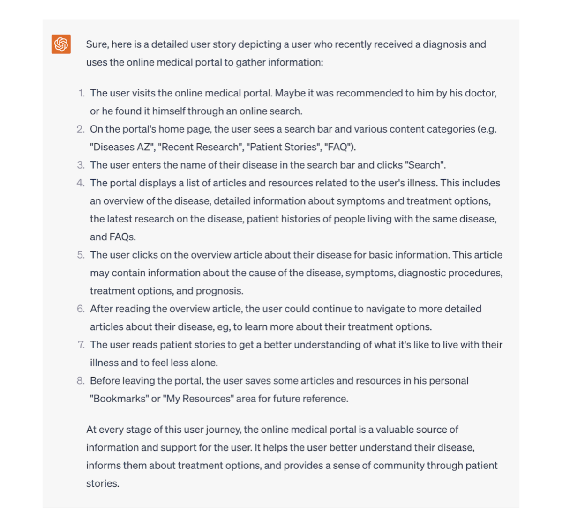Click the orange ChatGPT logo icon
pos(61,44)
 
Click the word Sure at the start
pos(97,44)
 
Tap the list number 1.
pos(82,93)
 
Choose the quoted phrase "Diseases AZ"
pos(122,147)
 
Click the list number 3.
pos(81,165)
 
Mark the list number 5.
pos(81,255)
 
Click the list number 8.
pos(81,381)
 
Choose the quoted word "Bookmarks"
pos(119,399)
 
